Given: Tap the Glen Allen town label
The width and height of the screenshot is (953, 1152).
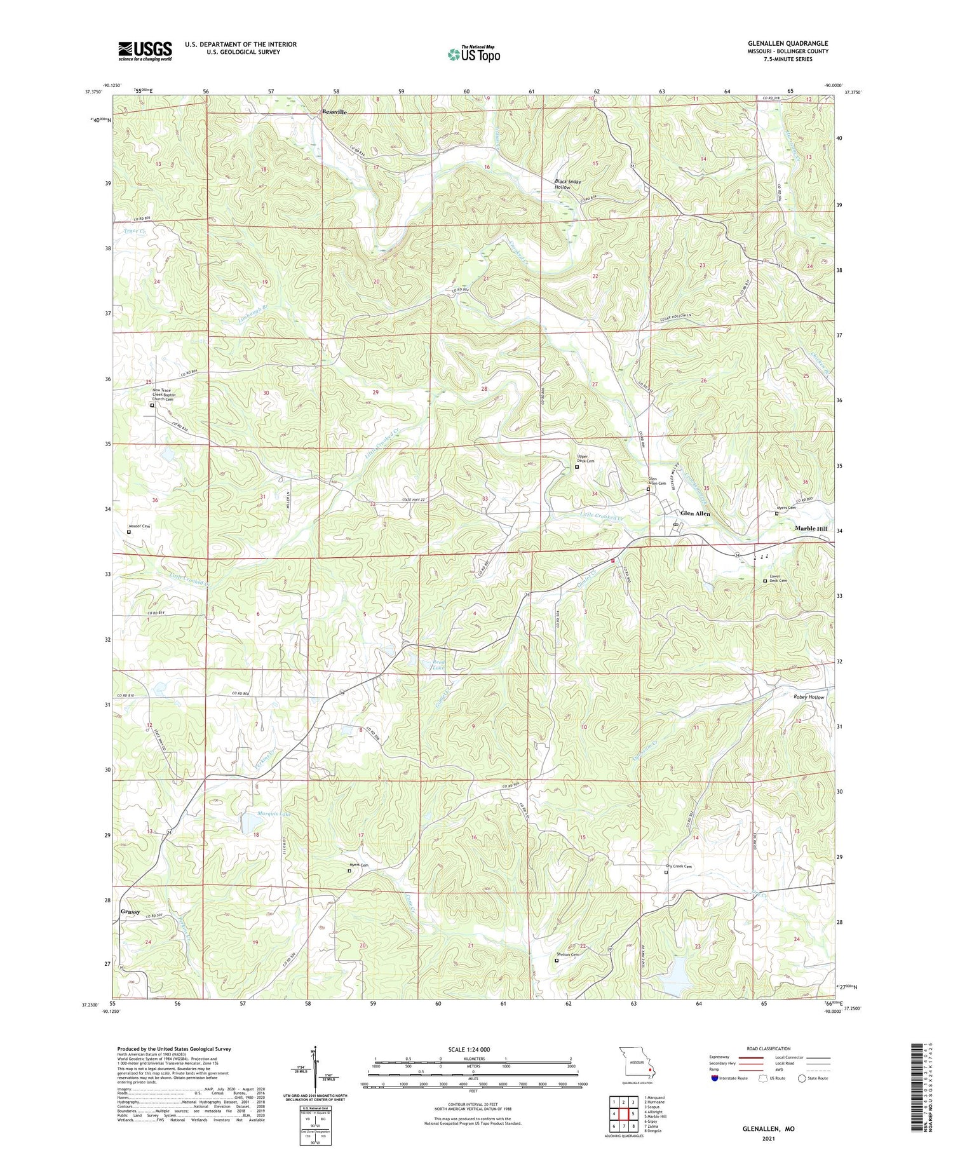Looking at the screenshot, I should coord(695,513).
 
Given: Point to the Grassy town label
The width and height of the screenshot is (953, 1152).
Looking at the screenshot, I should coord(130,911).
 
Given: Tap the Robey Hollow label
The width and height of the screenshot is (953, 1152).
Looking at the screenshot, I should coord(808,697).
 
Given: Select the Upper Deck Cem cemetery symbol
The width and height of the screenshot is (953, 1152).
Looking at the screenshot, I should coord(577,467).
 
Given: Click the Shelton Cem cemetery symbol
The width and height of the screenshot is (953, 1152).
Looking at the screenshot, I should coord(557,960).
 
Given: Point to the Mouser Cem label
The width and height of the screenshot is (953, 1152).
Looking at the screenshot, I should coord(139,526).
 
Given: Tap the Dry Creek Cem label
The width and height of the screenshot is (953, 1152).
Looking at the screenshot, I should coord(678,866).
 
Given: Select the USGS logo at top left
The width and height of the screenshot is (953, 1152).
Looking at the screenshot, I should coord(145,51).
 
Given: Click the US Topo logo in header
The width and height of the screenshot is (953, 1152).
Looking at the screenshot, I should coord(474,54).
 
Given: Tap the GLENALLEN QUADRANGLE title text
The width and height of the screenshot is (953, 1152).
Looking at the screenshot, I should coord(788,43).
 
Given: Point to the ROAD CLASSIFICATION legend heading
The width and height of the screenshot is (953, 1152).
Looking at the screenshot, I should coord(769,1048).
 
